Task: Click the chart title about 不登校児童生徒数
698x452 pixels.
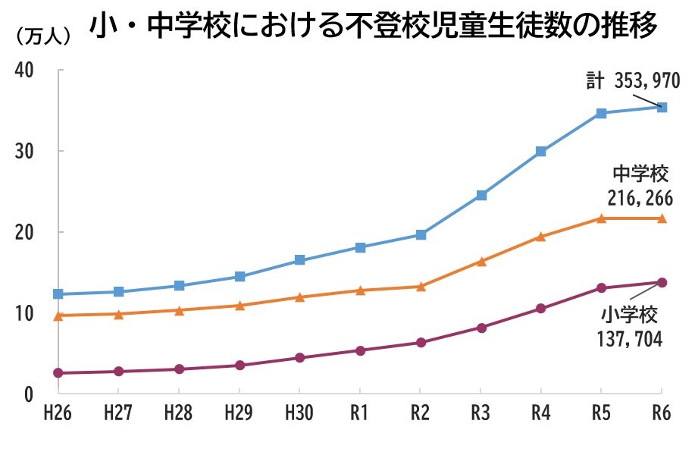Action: (x=372, y=28)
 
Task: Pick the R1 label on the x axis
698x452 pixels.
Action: (x=360, y=414)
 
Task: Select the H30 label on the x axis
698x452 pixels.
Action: (x=299, y=414)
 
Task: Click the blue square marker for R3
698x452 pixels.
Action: (x=481, y=196)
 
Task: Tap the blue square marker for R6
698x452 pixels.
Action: (x=662, y=108)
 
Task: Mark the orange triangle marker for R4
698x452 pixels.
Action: (x=540, y=237)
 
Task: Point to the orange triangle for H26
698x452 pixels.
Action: (x=58, y=315)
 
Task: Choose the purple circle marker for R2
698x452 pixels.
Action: (x=421, y=343)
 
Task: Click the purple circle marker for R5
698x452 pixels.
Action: (x=601, y=288)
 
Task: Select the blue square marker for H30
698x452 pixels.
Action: (x=300, y=260)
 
